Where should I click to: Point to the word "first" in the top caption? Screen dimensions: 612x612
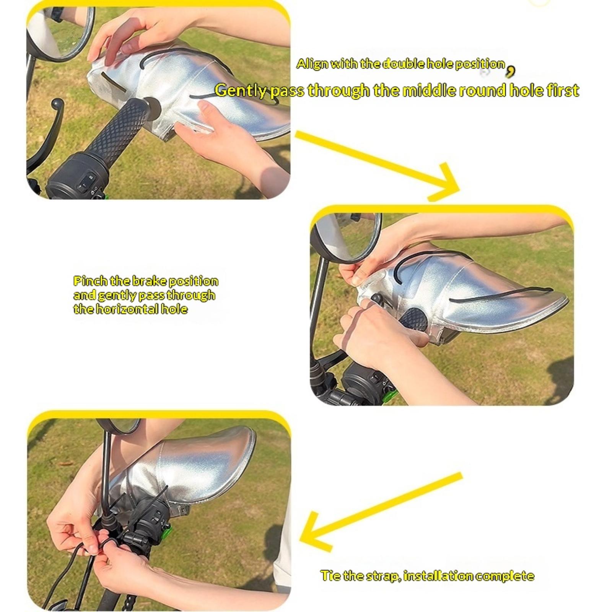(562, 91)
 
